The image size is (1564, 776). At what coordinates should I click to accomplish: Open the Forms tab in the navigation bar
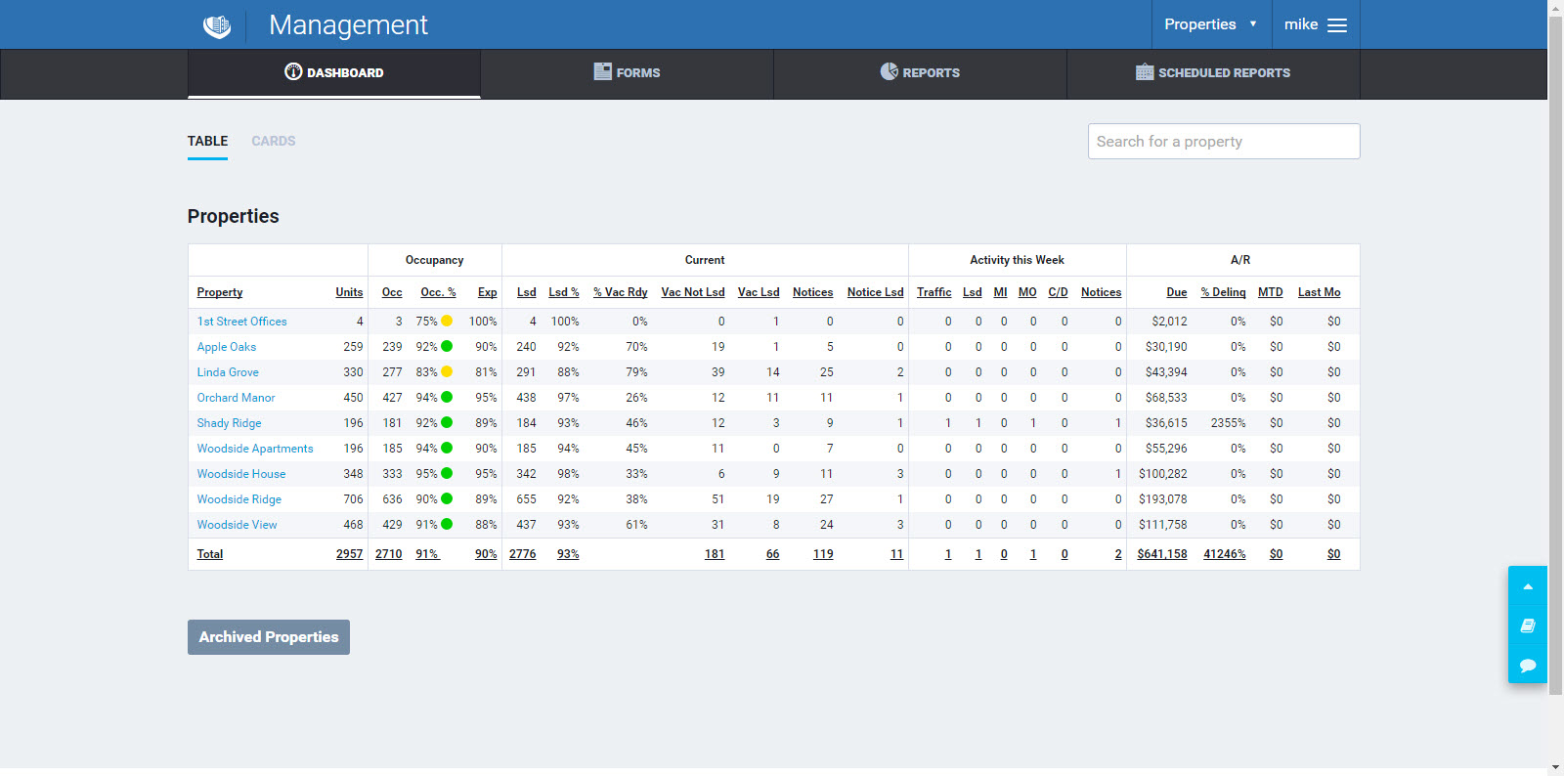tap(627, 72)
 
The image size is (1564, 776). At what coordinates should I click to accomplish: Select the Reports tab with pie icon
tap(920, 72)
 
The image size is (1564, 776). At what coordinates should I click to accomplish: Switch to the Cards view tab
tap(273, 141)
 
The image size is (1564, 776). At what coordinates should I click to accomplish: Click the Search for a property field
tap(1223, 141)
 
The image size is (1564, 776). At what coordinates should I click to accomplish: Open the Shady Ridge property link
tap(229, 423)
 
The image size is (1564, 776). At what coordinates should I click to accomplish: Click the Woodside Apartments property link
tap(255, 449)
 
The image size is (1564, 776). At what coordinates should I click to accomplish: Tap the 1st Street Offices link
tap(241, 322)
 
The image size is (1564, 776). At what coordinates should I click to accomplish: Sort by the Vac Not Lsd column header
tap(692, 292)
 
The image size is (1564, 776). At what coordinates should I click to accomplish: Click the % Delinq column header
tap(1223, 292)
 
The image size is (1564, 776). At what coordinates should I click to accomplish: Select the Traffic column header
tap(934, 292)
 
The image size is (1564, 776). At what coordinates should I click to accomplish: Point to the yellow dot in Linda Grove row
tap(447, 371)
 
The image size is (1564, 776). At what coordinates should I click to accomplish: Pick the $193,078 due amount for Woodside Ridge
tap(1162, 499)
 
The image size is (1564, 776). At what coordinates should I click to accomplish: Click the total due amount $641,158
tap(1162, 554)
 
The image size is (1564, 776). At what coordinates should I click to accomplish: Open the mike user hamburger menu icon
tap(1336, 25)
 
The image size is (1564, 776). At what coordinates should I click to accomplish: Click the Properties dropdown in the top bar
tap(1210, 24)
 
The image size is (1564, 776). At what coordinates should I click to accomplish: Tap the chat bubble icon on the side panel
tap(1528, 666)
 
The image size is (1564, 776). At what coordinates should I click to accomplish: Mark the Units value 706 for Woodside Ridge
tap(352, 499)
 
